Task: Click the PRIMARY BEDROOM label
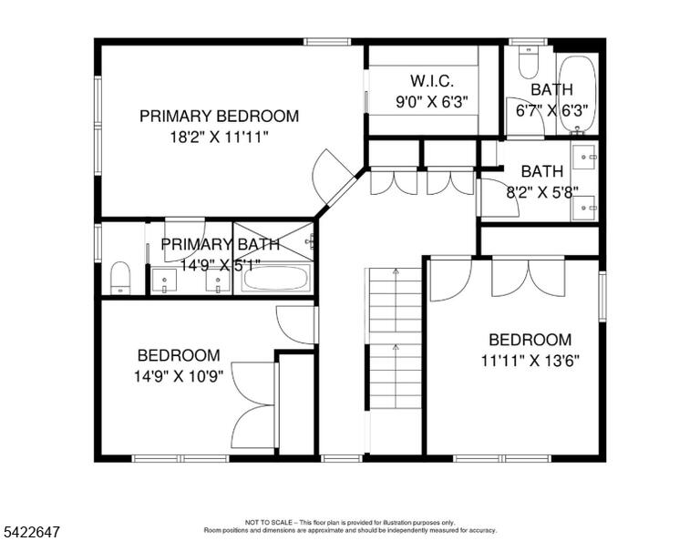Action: click(219, 116)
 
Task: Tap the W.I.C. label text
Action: click(432, 81)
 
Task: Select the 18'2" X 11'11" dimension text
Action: click(219, 137)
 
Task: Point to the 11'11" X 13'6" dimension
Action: click(530, 361)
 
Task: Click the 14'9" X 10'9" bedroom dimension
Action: click(179, 376)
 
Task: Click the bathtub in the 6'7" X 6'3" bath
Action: click(578, 94)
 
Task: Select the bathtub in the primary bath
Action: click(276, 278)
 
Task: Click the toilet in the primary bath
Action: click(120, 278)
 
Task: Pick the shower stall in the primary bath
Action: click(273, 241)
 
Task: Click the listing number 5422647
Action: click(32, 532)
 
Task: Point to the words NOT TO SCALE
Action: click(269, 522)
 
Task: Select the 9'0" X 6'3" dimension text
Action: click(432, 102)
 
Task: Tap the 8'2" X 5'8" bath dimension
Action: click(542, 192)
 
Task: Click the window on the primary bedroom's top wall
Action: click(327, 42)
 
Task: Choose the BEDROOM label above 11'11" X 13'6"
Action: click(530, 340)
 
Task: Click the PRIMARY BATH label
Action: click(220, 244)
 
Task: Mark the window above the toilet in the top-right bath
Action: click(529, 42)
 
